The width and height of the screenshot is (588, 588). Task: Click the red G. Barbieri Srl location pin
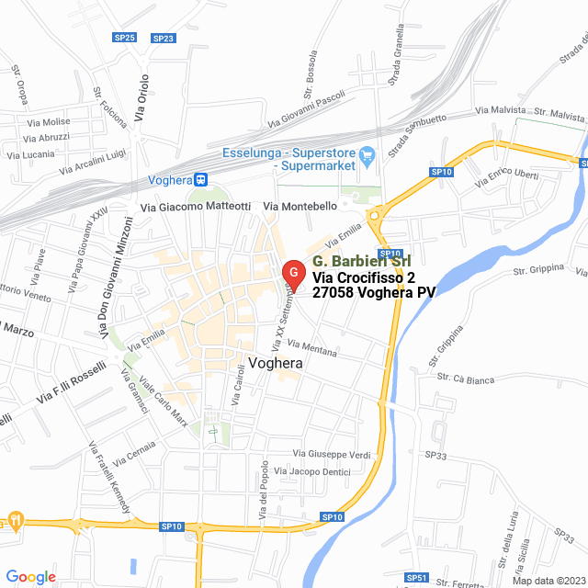click(292, 274)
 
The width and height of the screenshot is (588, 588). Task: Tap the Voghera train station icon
click(200, 180)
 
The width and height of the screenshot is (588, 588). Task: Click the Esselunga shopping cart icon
click(367, 154)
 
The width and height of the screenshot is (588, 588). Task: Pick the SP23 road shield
click(164, 38)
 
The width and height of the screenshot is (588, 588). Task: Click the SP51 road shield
click(417, 578)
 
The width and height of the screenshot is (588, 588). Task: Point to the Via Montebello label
click(300, 207)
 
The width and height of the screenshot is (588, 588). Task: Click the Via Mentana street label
click(312, 348)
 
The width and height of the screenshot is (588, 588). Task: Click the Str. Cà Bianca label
click(466, 379)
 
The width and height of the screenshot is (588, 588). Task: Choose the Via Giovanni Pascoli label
click(305, 109)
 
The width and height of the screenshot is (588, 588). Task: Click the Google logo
click(30, 577)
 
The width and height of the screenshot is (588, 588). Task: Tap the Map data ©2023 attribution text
click(548, 580)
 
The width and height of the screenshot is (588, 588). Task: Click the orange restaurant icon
click(15, 520)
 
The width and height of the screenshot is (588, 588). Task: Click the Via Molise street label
click(51, 121)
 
